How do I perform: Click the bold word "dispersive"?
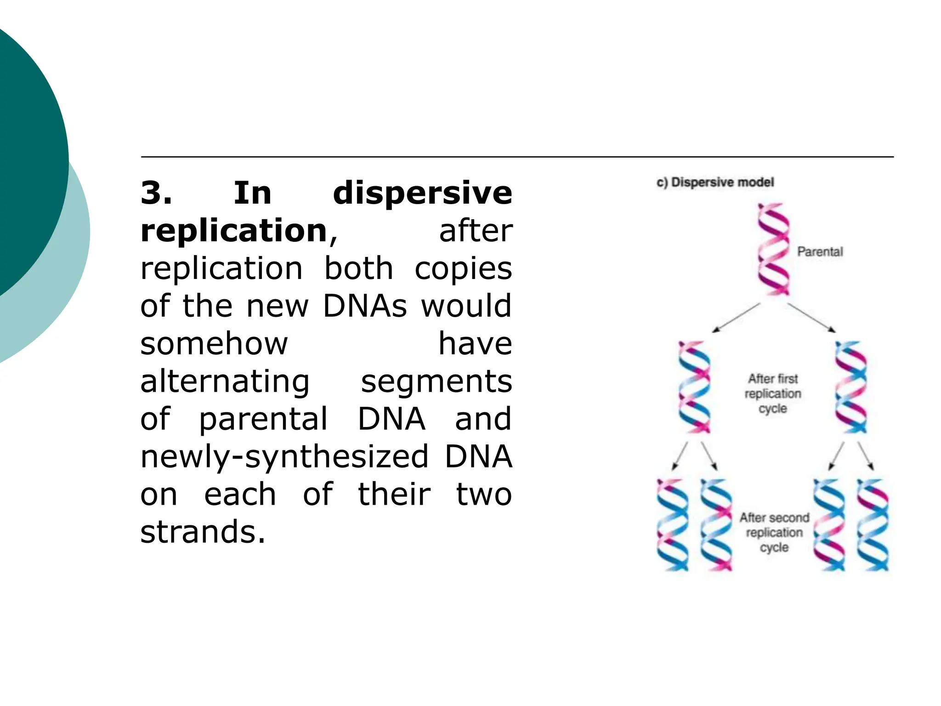pyautogui.click(x=422, y=193)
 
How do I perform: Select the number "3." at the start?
pyautogui.click(x=157, y=193)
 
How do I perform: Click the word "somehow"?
pyautogui.click(x=214, y=344)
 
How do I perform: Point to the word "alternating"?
pyautogui.click(x=225, y=381)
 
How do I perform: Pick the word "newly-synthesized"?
pyautogui.click(x=284, y=457)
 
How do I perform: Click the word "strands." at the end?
pyautogui.click(x=203, y=532)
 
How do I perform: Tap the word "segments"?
pyautogui.click(x=436, y=381)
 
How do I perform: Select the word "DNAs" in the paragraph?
pyautogui.click(x=365, y=306)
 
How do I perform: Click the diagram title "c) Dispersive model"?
pyautogui.click(x=715, y=182)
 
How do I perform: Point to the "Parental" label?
pyautogui.click(x=820, y=252)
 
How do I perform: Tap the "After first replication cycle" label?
pyautogui.click(x=773, y=393)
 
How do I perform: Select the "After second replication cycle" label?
pyautogui.click(x=774, y=532)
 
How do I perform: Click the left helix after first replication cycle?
pyautogui.click(x=694, y=387)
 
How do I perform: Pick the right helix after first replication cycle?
pyautogui.click(x=851, y=387)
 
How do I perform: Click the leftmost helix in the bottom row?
pyautogui.click(x=673, y=525)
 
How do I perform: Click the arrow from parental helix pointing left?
pyautogui.click(x=736, y=318)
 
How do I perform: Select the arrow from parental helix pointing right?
pyautogui.click(x=811, y=318)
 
